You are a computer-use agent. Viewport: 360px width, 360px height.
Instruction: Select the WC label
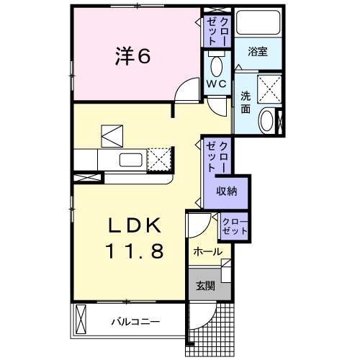pos(217,84)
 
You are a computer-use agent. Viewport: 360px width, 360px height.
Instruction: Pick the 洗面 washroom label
pos(246,102)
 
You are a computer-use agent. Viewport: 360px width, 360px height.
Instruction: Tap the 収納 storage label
pos(227,191)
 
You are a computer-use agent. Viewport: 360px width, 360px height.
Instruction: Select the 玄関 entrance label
pos(204,285)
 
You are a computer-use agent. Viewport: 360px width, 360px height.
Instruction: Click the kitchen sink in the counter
pos(130,159)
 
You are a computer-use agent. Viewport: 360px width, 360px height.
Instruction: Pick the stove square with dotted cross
pos(161,158)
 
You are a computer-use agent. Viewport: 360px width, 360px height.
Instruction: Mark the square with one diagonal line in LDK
pos(112,135)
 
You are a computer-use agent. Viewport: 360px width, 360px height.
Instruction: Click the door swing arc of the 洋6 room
pos(186,90)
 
